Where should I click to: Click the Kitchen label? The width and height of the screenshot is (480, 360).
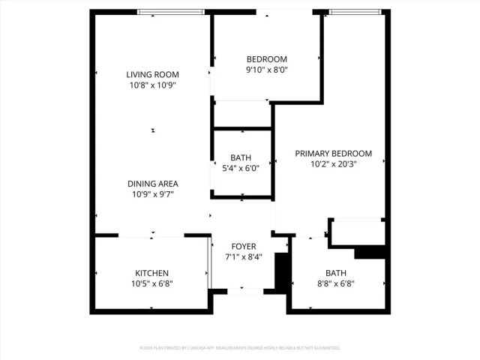tap(151, 273)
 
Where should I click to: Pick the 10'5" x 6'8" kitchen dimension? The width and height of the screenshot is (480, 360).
tap(151, 283)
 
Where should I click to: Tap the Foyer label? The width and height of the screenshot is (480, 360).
tap(243, 246)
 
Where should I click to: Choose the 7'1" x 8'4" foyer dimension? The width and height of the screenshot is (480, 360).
tap(243, 256)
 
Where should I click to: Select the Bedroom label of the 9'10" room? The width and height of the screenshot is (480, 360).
tap(266, 59)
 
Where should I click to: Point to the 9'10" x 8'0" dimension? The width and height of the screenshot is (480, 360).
tap(266, 70)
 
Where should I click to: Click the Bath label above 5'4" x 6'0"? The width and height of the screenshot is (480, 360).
tap(241, 157)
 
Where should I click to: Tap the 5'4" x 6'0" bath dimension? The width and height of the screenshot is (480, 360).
tap(241, 168)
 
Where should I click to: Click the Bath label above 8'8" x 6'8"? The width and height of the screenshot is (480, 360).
tap(335, 273)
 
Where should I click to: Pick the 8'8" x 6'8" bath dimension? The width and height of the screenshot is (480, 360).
tap(335, 283)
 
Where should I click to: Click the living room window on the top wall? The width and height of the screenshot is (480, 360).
tap(172, 11)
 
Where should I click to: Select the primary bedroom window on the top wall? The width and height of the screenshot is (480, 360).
tap(356, 11)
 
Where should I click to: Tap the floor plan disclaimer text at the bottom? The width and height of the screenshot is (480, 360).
tap(240, 348)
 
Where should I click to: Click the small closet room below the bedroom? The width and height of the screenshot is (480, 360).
tap(241, 115)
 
